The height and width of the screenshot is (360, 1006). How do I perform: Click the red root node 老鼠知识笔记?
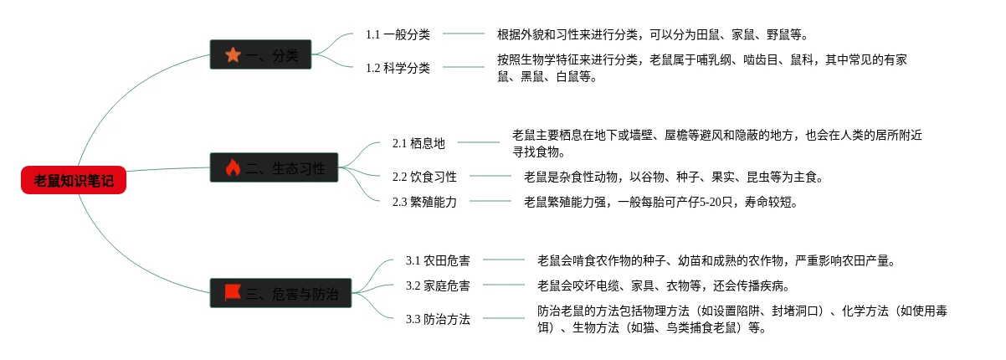click(x=74, y=180)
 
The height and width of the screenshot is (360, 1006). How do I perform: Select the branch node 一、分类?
click(x=260, y=55)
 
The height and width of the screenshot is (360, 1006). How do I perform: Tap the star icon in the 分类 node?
click(x=233, y=55)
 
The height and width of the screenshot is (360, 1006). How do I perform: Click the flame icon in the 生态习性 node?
click(x=233, y=168)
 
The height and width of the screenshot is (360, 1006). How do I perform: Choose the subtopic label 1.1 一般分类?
click(x=398, y=34)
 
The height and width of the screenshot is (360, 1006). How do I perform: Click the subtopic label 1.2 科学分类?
click(x=398, y=68)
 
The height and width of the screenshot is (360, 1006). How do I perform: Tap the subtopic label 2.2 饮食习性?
click(x=424, y=177)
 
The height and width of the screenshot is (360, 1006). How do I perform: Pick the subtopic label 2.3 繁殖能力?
click(x=424, y=202)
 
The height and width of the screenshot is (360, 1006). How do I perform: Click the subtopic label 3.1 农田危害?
click(x=438, y=260)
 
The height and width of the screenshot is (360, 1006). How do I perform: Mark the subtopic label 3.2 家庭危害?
click(x=438, y=285)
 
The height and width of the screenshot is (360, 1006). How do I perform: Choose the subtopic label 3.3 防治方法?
click(x=438, y=319)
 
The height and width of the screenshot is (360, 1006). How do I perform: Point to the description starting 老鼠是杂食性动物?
click(x=674, y=177)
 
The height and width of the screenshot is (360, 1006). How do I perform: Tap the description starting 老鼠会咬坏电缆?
click(x=664, y=285)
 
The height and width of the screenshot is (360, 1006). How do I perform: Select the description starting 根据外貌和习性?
click(x=653, y=34)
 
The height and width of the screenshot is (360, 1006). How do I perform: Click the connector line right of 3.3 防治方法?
click(x=504, y=318)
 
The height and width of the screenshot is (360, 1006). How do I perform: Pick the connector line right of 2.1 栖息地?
click(x=478, y=142)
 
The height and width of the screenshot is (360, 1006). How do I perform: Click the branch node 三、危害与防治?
click(x=280, y=293)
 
